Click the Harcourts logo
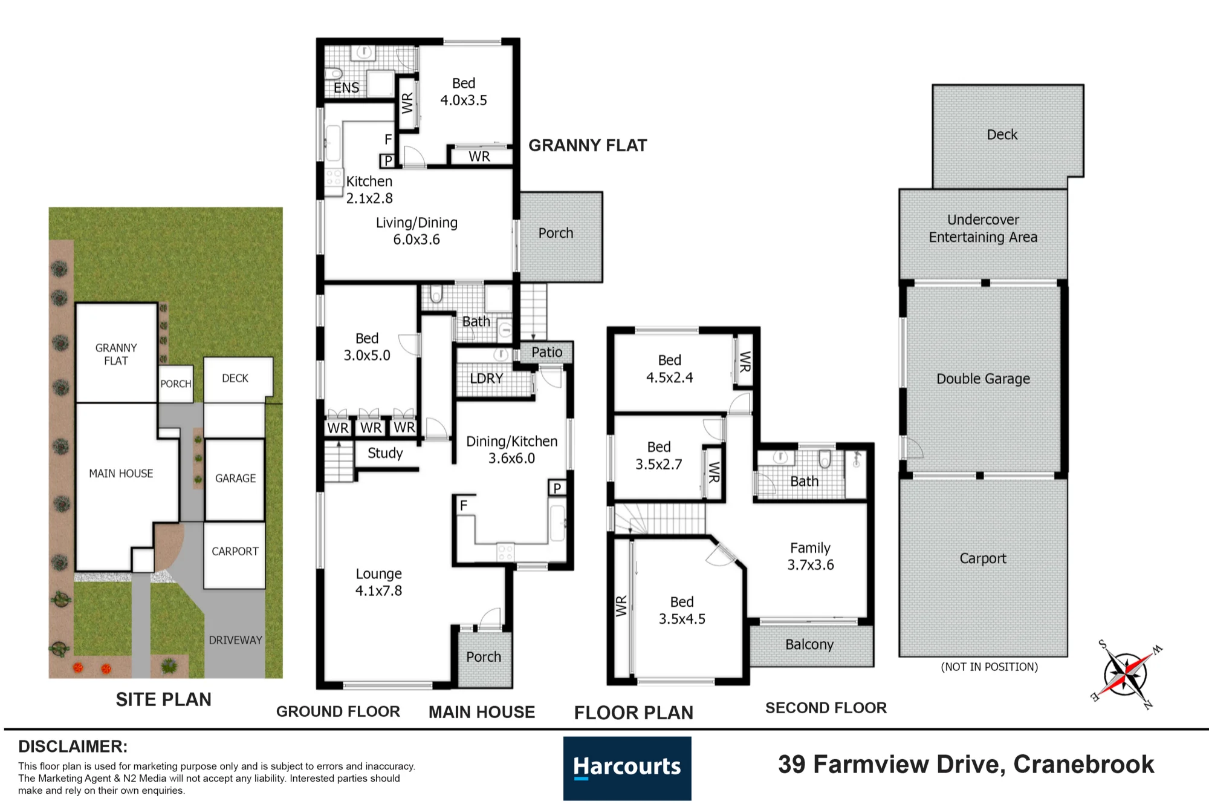coord(627,768)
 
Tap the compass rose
coord(1126,674)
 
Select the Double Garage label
coord(983,379)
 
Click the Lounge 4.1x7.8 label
coord(378,582)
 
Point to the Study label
coord(385,453)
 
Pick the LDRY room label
coord(487,379)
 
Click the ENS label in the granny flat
coord(346,88)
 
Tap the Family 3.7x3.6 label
coord(810,556)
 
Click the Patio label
coord(546,352)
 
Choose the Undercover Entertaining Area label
coord(983,229)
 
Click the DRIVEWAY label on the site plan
coord(235,640)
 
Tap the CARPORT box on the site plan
coord(235,555)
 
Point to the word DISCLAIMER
coord(73,747)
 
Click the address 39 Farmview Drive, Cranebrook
coord(966,765)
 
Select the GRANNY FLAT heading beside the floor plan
coord(588,146)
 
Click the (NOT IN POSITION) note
coord(989,667)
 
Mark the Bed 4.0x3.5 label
coord(464,92)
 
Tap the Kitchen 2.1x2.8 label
coord(369,190)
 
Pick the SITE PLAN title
coord(164,700)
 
